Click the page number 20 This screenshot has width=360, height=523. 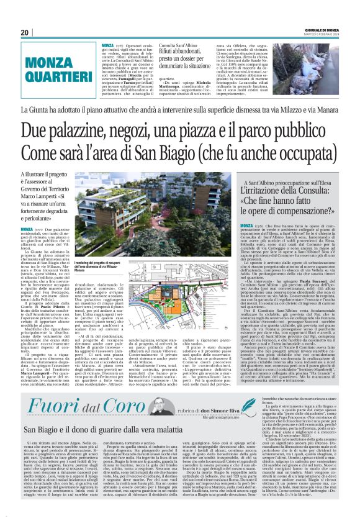click(x=24, y=32)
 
